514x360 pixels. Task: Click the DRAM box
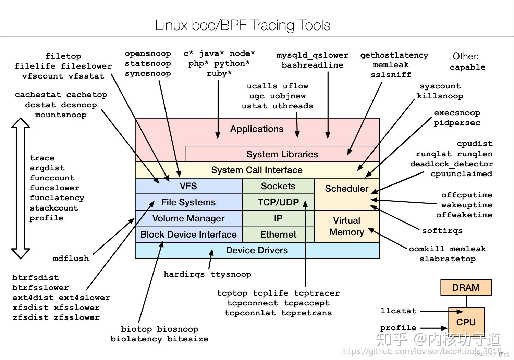click(x=466, y=287)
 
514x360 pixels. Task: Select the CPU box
click(x=466, y=322)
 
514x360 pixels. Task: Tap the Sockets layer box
click(x=278, y=186)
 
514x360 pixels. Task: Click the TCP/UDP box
click(x=278, y=202)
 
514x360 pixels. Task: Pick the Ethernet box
click(x=278, y=235)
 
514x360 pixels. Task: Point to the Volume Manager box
click(x=188, y=218)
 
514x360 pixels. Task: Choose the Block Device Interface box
click(x=188, y=235)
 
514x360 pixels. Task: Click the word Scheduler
click(x=346, y=189)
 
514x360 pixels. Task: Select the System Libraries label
click(x=282, y=154)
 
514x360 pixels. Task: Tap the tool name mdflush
click(x=71, y=259)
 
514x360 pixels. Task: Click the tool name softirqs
click(x=442, y=231)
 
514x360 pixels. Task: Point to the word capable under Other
click(x=467, y=67)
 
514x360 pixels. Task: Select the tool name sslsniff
click(x=391, y=75)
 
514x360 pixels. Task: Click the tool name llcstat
click(x=399, y=311)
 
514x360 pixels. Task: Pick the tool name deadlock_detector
click(x=451, y=164)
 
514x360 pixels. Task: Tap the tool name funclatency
click(x=57, y=198)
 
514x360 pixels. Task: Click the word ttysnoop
click(x=231, y=274)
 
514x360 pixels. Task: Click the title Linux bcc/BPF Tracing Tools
click(x=243, y=25)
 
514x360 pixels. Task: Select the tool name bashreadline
click(x=312, y=65)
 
